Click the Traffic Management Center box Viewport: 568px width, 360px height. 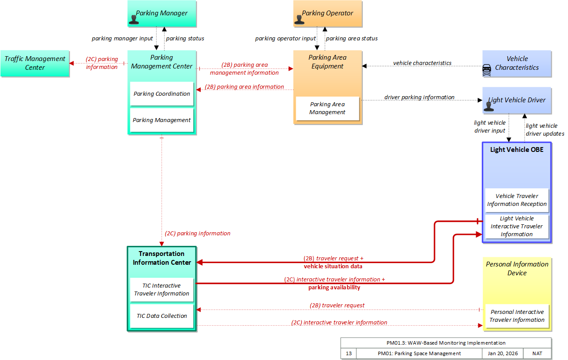click(35, 63)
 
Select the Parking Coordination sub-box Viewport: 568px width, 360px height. click(162, 94)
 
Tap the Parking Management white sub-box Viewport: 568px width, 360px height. click(162, 120)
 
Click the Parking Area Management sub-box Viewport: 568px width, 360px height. click(327, 108)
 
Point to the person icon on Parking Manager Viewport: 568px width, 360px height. click(134, 19)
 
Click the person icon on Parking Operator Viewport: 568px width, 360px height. click(299, 19)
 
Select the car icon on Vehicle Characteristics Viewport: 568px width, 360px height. click(487, 70)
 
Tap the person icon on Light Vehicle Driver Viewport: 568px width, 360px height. click(488, 106)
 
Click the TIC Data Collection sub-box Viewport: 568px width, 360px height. click(162, 316)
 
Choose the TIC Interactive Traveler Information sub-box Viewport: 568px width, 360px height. click(162, 290)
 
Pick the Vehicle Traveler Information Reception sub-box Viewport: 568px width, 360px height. click(517, 200)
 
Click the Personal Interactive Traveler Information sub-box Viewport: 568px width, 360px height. click(517, 316)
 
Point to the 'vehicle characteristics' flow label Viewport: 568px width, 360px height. click(422, 63)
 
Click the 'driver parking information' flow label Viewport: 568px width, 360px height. click(419, 97)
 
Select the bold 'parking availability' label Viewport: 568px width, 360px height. click(334, 287)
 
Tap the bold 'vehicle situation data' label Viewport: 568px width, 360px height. click(333, 266)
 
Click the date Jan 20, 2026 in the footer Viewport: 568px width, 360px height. click(503, 353)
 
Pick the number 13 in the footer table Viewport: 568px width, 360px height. click(349, 353)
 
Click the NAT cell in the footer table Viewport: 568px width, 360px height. click(537, 353)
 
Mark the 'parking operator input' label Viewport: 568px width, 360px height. click(285, 39)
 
